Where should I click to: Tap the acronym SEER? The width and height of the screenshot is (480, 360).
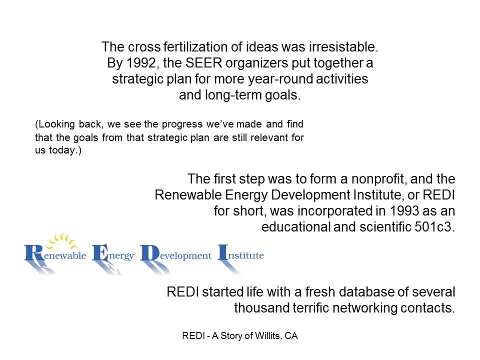coord(203,63)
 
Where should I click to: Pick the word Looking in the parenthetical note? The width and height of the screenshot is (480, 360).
coord(57,124)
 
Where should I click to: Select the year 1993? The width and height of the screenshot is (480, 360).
coord(404,211)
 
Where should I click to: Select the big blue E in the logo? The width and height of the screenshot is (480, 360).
coord(100,252)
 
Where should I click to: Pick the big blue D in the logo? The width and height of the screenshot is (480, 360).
coord(150,253)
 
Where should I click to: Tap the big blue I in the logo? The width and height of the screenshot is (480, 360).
coord(223,252)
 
